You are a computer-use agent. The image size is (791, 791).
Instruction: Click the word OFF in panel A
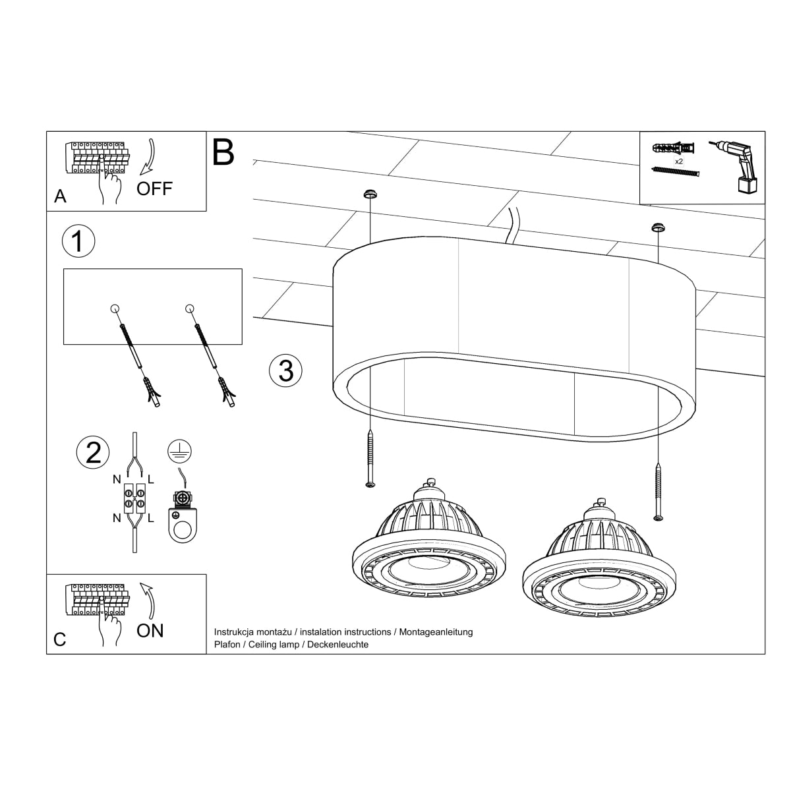[154, 189]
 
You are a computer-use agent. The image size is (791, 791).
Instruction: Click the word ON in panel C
[150, 631]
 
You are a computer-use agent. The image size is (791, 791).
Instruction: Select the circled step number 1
[78, 241]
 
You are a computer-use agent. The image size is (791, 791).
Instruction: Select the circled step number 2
[93, 453]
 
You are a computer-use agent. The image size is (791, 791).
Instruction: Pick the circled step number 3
[285, 370]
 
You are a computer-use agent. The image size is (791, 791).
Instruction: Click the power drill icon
[737, 167]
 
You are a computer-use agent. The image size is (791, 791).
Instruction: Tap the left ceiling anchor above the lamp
[370, 194]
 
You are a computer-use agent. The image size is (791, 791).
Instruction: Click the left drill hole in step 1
[115, 308]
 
